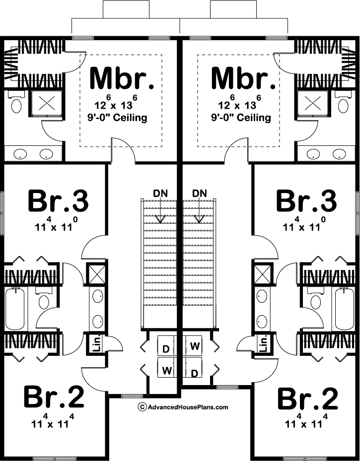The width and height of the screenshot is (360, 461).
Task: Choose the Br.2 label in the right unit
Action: (x=308, y=399)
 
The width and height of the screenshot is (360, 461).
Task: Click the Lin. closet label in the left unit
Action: (x=95, y=343)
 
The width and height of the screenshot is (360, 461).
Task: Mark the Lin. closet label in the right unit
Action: (x=264, y=343)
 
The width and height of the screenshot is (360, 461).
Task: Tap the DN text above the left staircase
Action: (x=160, y=193)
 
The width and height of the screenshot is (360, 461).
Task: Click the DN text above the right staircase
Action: (x=199, y=193)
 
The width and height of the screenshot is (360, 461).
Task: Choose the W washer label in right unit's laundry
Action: (x=195, y=345)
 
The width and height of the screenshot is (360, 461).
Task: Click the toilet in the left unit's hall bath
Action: (x=44, y=301)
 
